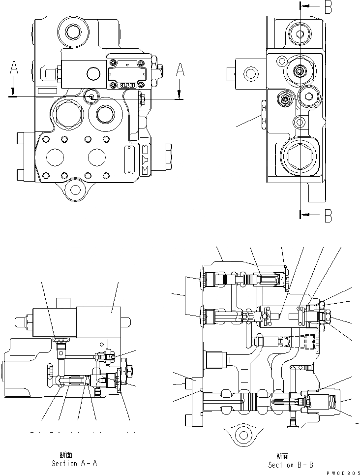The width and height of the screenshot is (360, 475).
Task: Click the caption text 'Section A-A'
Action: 71,463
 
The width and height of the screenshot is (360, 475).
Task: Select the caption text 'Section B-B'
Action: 289,464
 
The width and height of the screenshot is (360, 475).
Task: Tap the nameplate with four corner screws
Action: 127,72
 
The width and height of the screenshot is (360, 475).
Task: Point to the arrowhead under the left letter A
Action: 14,92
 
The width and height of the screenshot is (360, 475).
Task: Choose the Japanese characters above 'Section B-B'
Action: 283,456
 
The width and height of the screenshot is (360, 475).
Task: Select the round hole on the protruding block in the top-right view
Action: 250,75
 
